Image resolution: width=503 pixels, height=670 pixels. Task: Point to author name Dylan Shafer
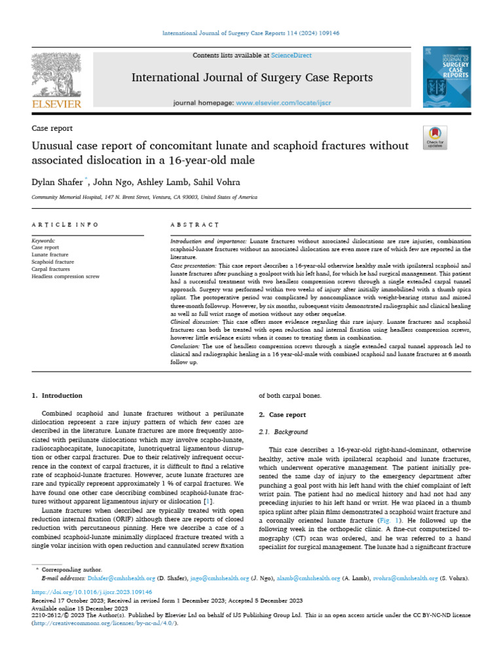(56, 181)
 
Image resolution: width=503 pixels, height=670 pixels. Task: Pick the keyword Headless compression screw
(65, 277)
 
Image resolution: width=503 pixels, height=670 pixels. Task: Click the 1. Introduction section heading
(58, 395)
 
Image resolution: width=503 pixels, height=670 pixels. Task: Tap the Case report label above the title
(52, 128)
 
